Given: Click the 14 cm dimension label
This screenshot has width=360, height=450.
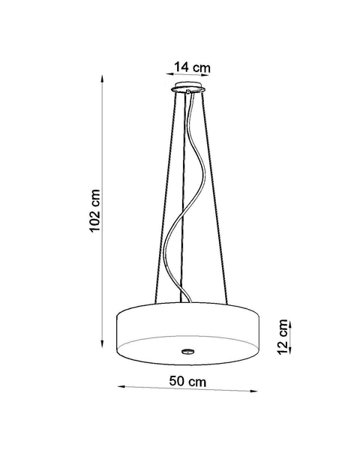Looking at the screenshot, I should point(191,67).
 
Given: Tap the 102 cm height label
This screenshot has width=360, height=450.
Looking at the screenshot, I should point(95,210).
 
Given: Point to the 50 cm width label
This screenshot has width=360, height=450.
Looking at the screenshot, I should point(187,382).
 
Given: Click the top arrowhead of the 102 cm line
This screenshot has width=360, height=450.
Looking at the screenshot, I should point(104,77).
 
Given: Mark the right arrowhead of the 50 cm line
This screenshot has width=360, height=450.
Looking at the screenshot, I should point(256,390).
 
